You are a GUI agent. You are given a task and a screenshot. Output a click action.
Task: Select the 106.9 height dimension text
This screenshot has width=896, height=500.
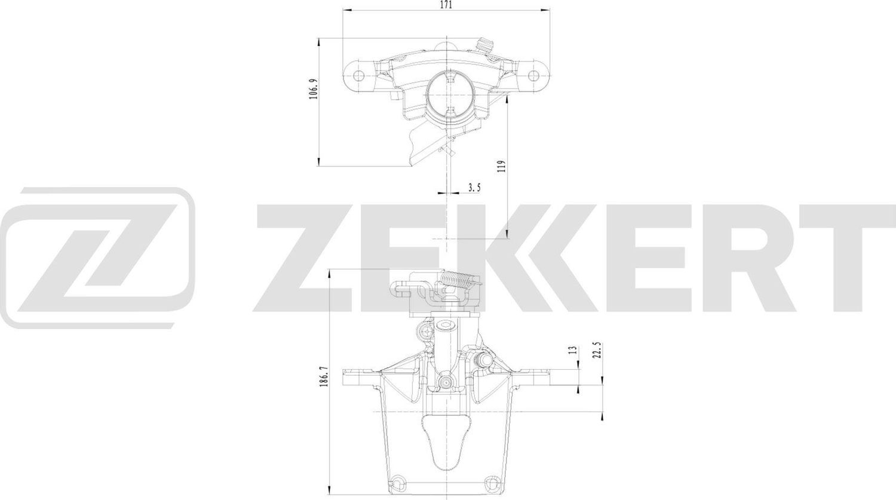[x=313, y=88]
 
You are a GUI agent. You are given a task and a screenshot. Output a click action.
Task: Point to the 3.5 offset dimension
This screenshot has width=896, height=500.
[x=474, y=188]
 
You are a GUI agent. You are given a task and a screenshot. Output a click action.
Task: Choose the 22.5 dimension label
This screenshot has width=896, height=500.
[x=596, y=349]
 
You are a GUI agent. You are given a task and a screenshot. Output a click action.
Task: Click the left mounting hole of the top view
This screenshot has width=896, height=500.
[x=358, y=76]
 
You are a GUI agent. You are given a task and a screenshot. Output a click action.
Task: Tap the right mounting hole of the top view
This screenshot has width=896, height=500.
[x=534, y=75]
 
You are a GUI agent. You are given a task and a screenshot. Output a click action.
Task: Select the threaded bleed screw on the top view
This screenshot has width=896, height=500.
[x=484, y=44]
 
